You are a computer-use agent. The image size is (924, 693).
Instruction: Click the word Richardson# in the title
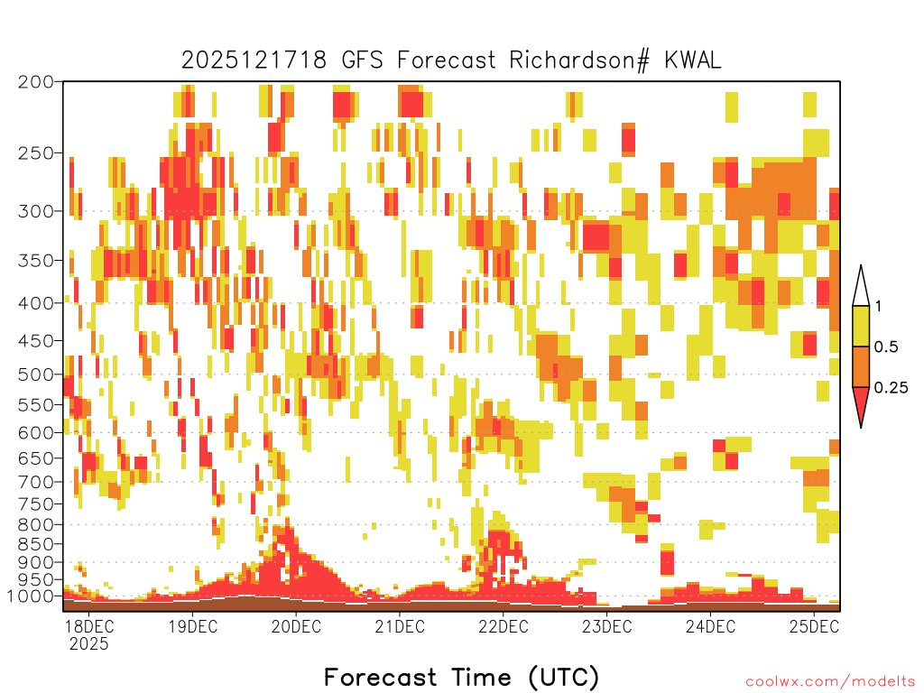click(579, 60)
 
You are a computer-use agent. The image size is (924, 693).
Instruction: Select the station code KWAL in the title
click(693, 60)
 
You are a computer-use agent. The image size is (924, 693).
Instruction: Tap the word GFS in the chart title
click(363, 60)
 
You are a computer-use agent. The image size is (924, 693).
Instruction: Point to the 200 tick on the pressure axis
click(36, 82)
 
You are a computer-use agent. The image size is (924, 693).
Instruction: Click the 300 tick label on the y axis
click(36, 211)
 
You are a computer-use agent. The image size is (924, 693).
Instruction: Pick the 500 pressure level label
click(36, 374)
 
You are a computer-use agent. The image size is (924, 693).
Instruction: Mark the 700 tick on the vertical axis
click(36, 482)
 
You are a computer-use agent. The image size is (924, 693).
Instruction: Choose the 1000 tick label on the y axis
click(31, 596)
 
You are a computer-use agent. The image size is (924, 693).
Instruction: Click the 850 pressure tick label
click(36, 544)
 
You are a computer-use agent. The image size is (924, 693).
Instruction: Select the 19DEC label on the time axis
click(192, 626)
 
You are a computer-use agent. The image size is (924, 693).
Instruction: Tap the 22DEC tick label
click(503, 626)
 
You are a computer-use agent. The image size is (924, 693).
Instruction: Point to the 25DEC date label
click(814, 626)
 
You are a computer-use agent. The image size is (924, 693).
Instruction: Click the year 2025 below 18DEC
click(89, 644)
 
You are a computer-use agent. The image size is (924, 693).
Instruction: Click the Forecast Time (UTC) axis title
click(461, 677)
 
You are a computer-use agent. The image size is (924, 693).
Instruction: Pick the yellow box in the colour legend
click(861, 326)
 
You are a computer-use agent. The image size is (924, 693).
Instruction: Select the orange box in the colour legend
click(861, 366)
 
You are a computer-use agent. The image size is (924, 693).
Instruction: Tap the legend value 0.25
click(891, 387)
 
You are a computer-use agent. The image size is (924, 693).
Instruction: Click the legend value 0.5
click(886, 346)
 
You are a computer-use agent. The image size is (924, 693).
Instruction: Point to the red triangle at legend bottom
click(861, 403)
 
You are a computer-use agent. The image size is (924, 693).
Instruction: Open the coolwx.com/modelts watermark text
click(830, 682)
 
